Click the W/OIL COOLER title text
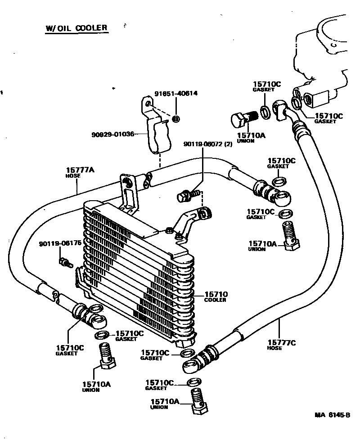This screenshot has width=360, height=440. coord(76,28)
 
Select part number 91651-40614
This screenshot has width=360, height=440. coord(176,94)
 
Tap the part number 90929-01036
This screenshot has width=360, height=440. coord(112,134)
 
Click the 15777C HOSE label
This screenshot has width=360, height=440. coord(282,345)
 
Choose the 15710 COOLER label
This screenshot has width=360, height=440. coord(216,296)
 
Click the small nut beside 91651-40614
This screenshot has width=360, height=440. coord(176,119)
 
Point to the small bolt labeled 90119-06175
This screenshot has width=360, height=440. coord(65,262)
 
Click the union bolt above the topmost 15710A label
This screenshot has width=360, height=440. coord(242,119)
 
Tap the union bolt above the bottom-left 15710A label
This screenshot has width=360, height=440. coord(106,356)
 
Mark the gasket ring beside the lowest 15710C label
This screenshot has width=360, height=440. coord(193,383)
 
